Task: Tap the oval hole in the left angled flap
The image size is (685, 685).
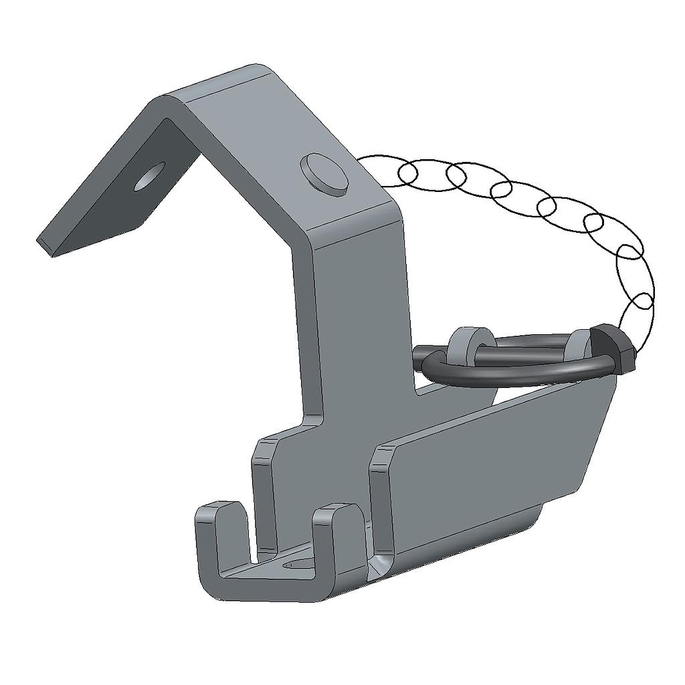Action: (x=149, y=176)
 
